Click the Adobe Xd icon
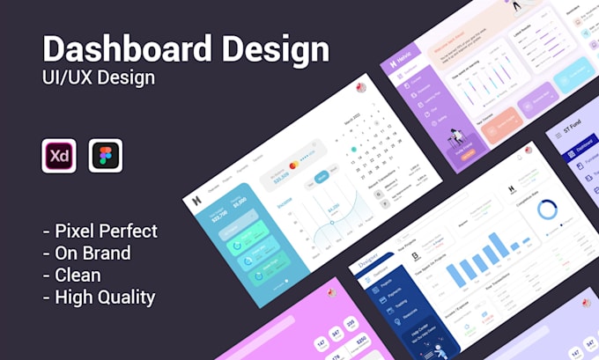tap(59, 156)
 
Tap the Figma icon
tap(106, 156)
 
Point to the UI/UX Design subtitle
tap(98, 77)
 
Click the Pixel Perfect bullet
tap(100, 231)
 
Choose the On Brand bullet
tap(87, 253)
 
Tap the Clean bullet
tap(71, 275)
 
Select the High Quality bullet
tap(99, 297)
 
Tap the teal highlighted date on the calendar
tap(353, 150)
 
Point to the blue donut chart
tap(548, 209)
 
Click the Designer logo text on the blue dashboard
tap(368, 261)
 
